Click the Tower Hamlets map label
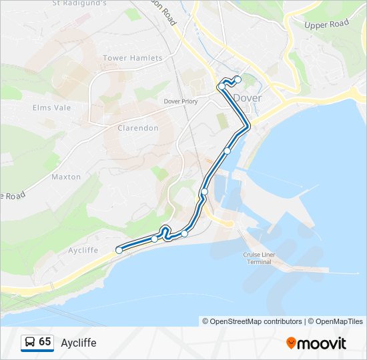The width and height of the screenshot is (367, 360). [x=132, y=58]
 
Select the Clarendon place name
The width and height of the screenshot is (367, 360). [x=137, y=127]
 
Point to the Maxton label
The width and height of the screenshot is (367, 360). [x=66, y=177]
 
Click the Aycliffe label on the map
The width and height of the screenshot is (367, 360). [x=83, y=250]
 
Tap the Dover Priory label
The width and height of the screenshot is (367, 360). [x=181, y=101]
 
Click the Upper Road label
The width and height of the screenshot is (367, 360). [x=326, y=24]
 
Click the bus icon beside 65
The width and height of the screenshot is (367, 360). [x=29, y=342]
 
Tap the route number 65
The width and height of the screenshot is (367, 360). [x=45, y=342]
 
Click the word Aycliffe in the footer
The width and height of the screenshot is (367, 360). [x=79, y=343]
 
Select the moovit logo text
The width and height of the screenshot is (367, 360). [x=322, y=343]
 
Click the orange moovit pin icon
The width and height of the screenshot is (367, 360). [x=291, y=343]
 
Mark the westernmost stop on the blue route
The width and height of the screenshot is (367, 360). [x=119, y=250]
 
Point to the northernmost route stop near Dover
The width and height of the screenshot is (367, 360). [x=238, y=79]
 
